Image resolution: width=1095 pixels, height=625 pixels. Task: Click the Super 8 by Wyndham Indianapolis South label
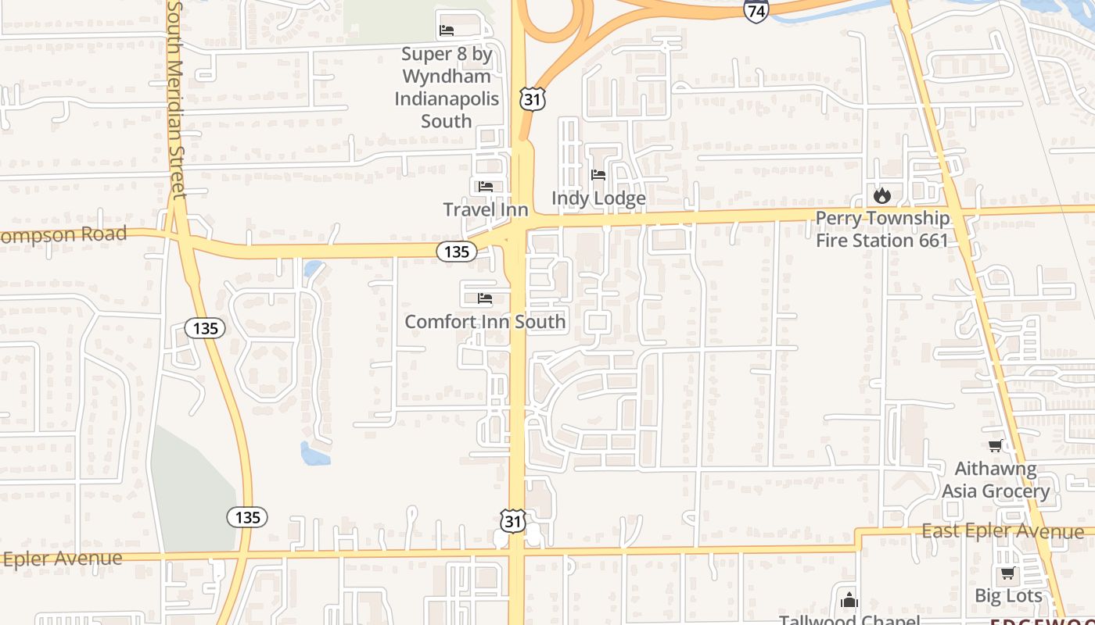pos(447,87)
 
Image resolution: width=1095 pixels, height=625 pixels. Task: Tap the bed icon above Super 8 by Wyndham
pos(447,30)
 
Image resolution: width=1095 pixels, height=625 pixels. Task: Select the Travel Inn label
pos(486,209)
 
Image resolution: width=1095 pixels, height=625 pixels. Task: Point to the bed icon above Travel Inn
pos(486,186)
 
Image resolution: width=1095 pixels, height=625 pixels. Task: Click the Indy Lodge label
pos(598,198)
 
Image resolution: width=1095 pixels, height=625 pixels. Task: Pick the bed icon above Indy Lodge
pos(598,175)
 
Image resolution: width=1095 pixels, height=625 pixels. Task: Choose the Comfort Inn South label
pos(485,321)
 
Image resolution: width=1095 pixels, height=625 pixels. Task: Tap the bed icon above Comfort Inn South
pos(485,298)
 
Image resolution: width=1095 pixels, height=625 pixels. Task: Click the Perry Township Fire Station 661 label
pos(882,229)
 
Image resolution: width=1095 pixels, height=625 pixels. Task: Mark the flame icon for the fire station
pos(882,195)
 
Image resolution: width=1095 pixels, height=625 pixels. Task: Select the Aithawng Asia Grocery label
pos(996,480)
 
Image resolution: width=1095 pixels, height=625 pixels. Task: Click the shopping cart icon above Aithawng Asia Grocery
pos(995,446)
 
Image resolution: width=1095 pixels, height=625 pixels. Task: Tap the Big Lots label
pos(1008,595)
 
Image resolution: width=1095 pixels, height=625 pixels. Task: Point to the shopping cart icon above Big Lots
pos(1007,573)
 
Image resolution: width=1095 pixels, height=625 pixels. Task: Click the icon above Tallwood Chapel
pos(849,601)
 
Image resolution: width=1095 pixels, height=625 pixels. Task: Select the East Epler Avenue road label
pos(1003,532)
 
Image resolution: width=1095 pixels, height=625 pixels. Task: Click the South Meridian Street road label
pos(176,98)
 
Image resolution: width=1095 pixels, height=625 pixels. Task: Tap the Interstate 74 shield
pos(756,10)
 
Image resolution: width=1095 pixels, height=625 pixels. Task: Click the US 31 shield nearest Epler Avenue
pos(512,520)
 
